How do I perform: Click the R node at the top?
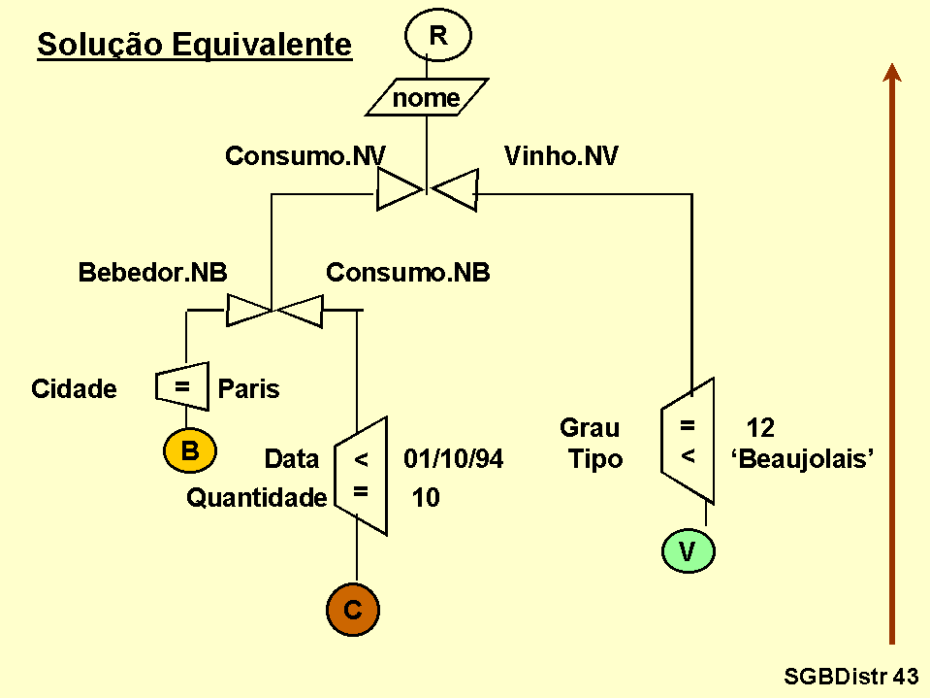[438, 37]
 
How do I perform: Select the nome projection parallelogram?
[426, 98]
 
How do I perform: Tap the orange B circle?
[190, 450]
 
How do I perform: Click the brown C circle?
[353, 610]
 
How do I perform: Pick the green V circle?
[688, 552]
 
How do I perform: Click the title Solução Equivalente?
[194, 45]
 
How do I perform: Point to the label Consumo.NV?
[305, 156]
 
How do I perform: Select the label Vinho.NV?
[561, 156]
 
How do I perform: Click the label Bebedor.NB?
[152, 274]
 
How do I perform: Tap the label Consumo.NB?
[407, 274]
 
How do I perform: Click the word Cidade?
[74, 390]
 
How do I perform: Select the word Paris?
[248, 390]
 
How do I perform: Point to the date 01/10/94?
[454, 459]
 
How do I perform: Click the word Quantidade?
[257, 498]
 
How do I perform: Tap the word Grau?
[590, 428]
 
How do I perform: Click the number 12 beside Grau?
[760, 428]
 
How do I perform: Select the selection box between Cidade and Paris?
[181, 386]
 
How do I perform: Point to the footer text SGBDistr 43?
[850, 676]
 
